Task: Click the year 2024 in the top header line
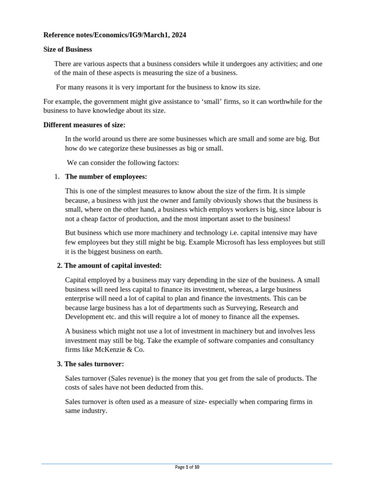click(x=178, y=35)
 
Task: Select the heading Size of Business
click(x=68, y=49)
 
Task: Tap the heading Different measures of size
click(x=84, y=125)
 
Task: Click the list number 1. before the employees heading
click(x=57, y=177)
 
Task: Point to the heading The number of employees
click(x=106, y=177)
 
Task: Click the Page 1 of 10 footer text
click(x=187, y=467)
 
